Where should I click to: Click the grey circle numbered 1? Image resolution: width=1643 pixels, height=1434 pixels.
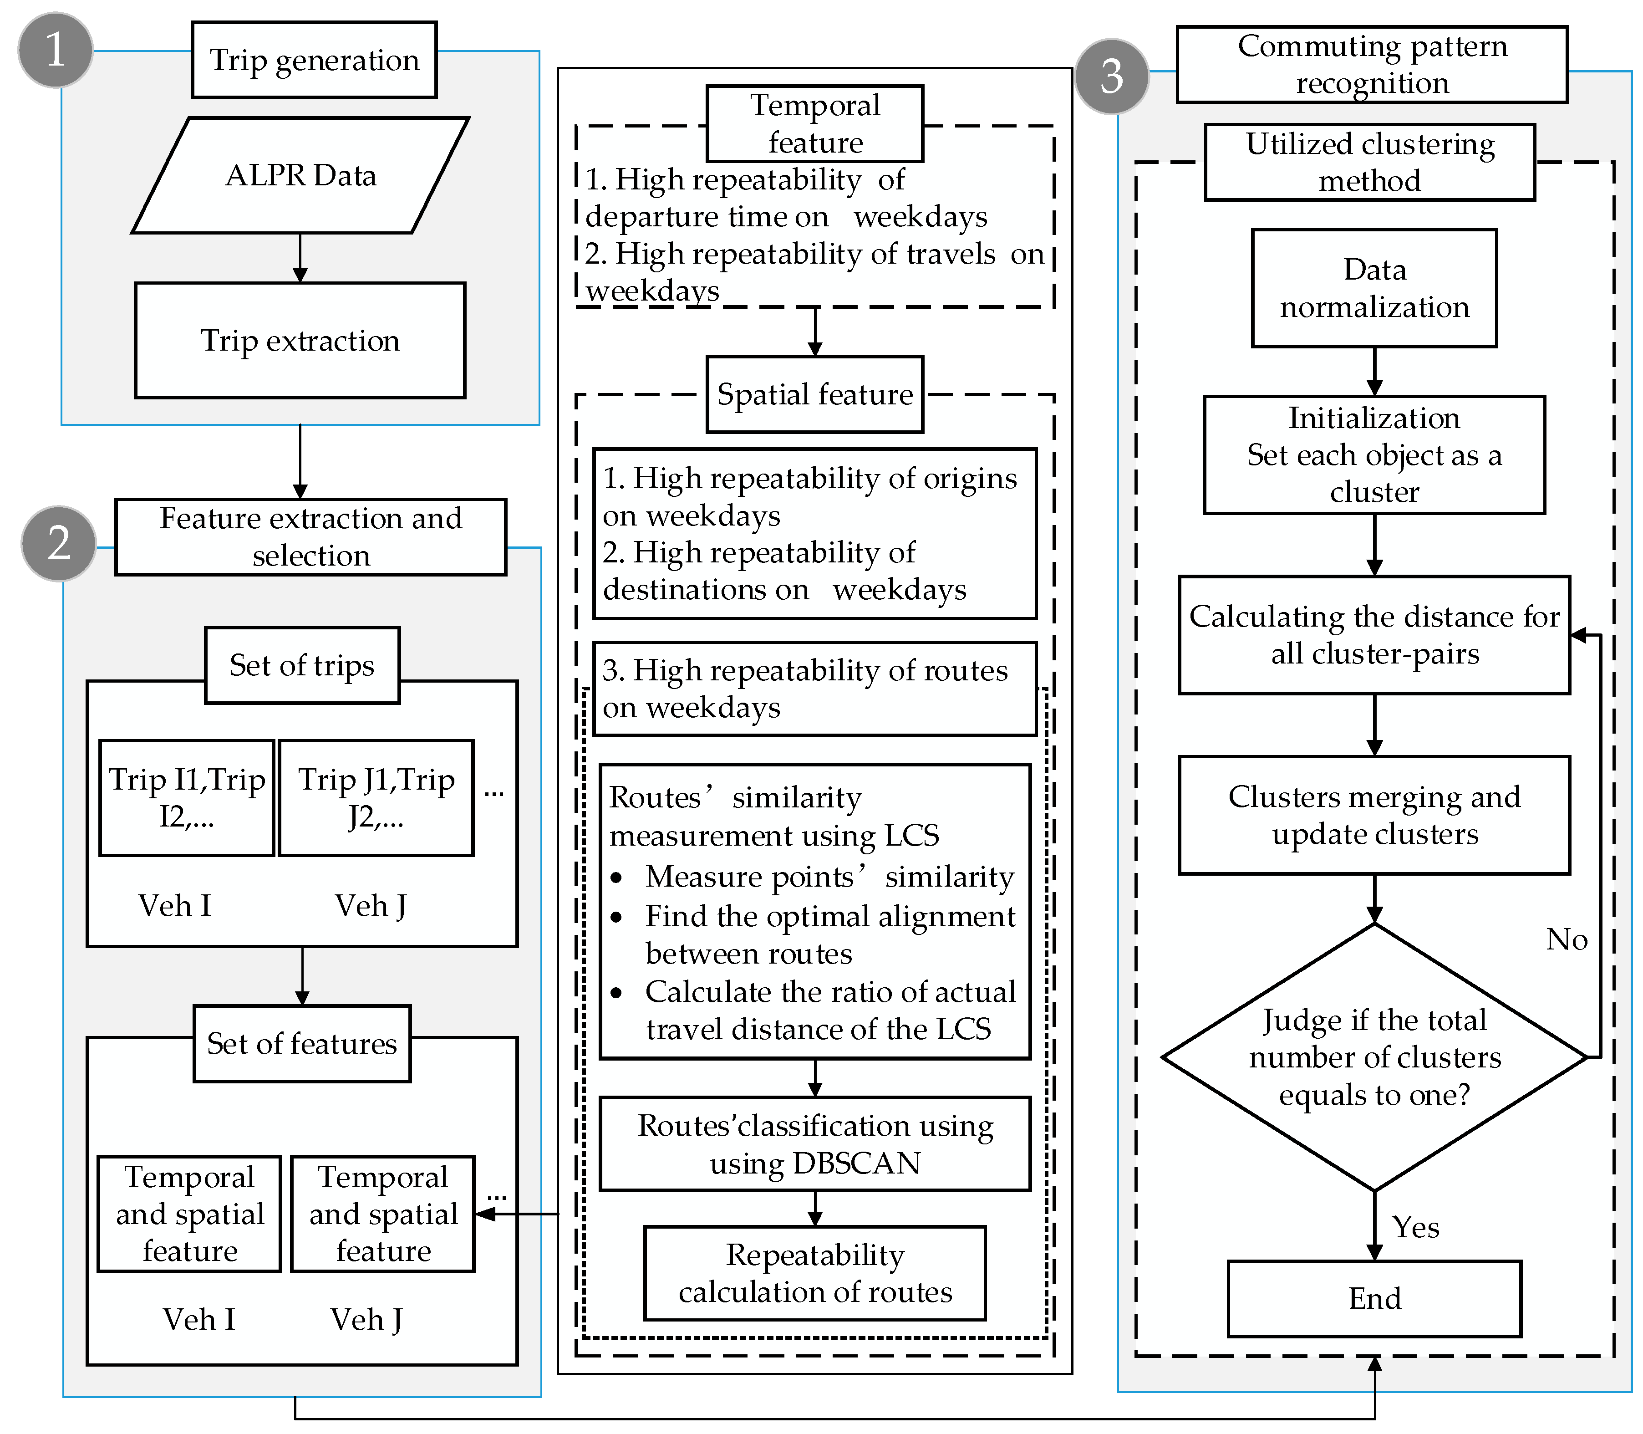click(x=55, y=50)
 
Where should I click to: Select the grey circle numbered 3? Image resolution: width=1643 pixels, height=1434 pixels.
click(x=1112, y=76)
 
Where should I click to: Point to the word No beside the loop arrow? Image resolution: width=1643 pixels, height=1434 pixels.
click(x=1566, y=939)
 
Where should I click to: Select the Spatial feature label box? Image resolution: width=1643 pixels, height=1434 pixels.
click(x=814, y=394)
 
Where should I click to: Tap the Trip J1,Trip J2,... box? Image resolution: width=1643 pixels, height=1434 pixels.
click(x=376, y=798)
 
